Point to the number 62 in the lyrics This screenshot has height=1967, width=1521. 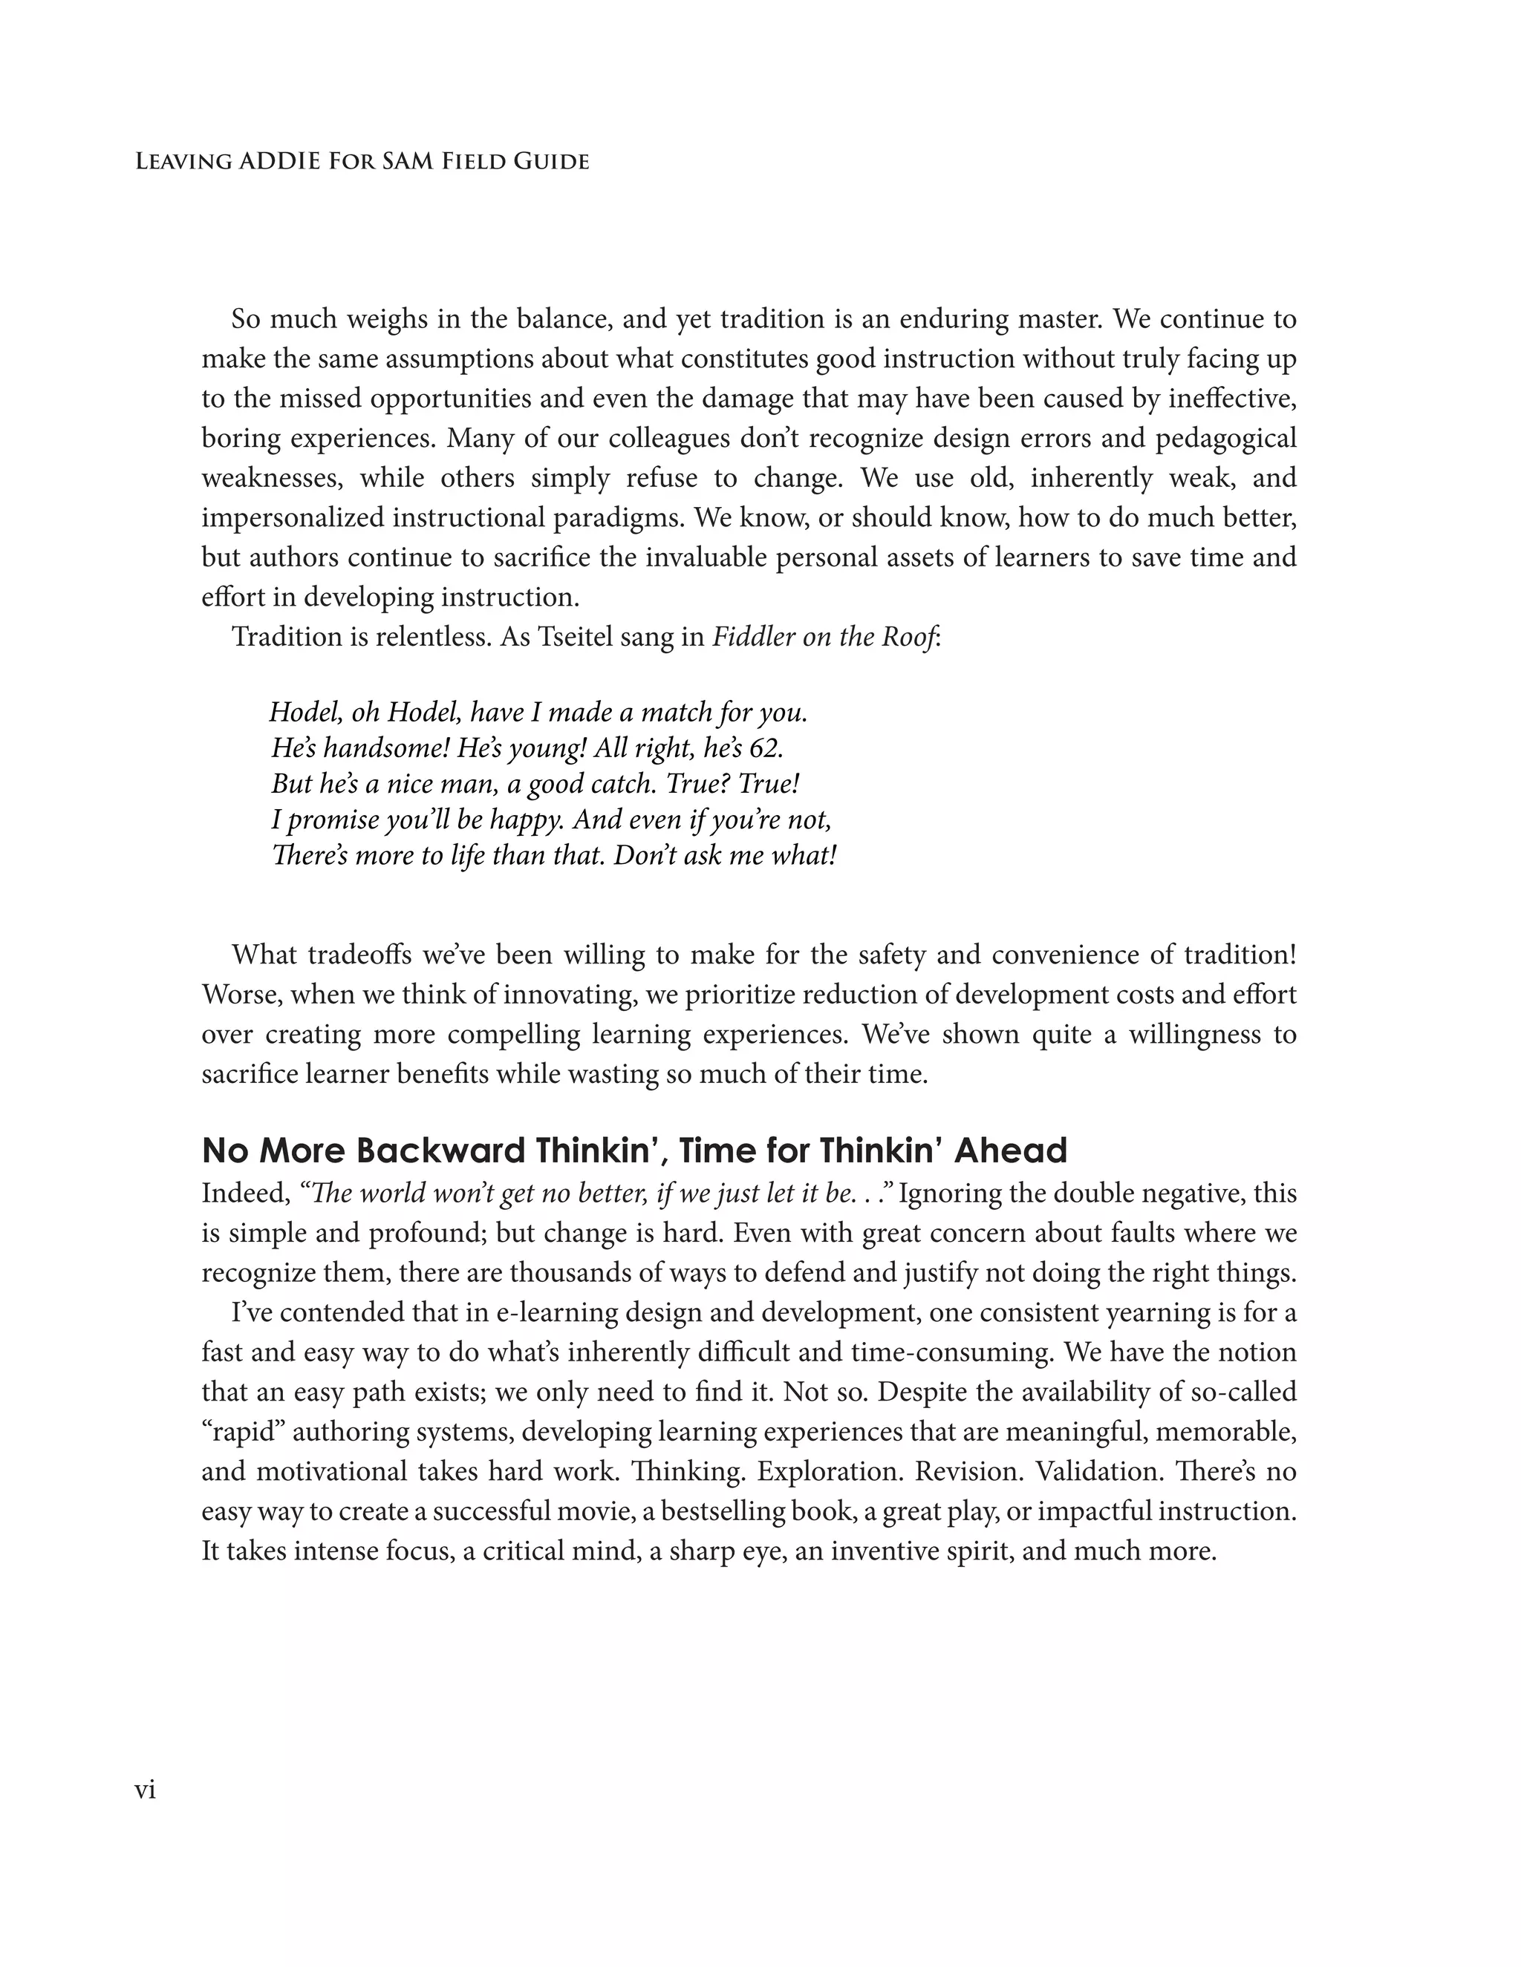click(766, 748)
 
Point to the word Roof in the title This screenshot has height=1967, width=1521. click(912, 637)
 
